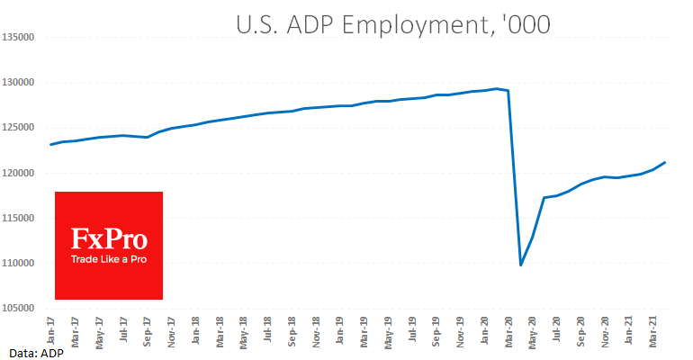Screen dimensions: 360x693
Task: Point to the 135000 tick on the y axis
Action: (18, 38)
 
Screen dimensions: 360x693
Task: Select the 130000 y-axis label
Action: (18, 83)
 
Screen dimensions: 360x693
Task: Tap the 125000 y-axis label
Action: (18, 128)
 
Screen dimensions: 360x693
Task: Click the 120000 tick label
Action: (18, 173)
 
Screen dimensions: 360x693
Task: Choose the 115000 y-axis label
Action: (18, 218)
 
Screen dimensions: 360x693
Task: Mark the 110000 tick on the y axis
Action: (18, 263)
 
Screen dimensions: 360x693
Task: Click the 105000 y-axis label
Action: (18, 308)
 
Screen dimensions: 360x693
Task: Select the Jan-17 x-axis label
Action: (50, 329)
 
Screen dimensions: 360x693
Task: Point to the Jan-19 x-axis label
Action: (340, 329)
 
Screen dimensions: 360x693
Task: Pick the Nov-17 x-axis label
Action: (171, 329)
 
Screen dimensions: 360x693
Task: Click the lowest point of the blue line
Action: (521, 265)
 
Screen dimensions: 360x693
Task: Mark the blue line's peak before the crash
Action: (497, 88)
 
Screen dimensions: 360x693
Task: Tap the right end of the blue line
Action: (665, 163)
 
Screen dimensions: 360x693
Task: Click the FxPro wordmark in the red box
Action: (109, 239)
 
